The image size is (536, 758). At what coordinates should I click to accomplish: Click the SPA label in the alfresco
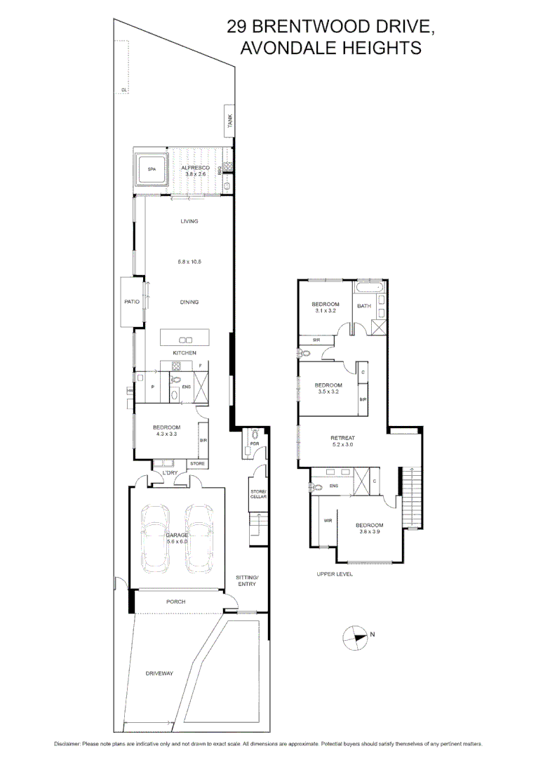[x=152, y=169]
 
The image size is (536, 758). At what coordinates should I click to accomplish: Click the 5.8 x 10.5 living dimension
[x=189, y=261]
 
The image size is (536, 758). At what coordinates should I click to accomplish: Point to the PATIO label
[x=132, y=302]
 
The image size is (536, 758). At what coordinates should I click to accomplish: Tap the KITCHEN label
[x=185, y=352]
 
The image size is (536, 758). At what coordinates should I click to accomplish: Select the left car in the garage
[x=154, y=538]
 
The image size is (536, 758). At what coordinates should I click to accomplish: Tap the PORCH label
[x=175, y=601]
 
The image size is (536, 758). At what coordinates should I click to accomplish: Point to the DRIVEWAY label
[x=159, y=673]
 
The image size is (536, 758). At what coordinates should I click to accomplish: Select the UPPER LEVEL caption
[x=334, y=574]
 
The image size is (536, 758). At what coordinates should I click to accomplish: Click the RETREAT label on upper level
[x=343, y=438]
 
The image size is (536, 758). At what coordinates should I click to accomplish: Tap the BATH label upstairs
[x=364, y=306]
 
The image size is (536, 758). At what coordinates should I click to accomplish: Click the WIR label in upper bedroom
[x=327, y=520]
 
